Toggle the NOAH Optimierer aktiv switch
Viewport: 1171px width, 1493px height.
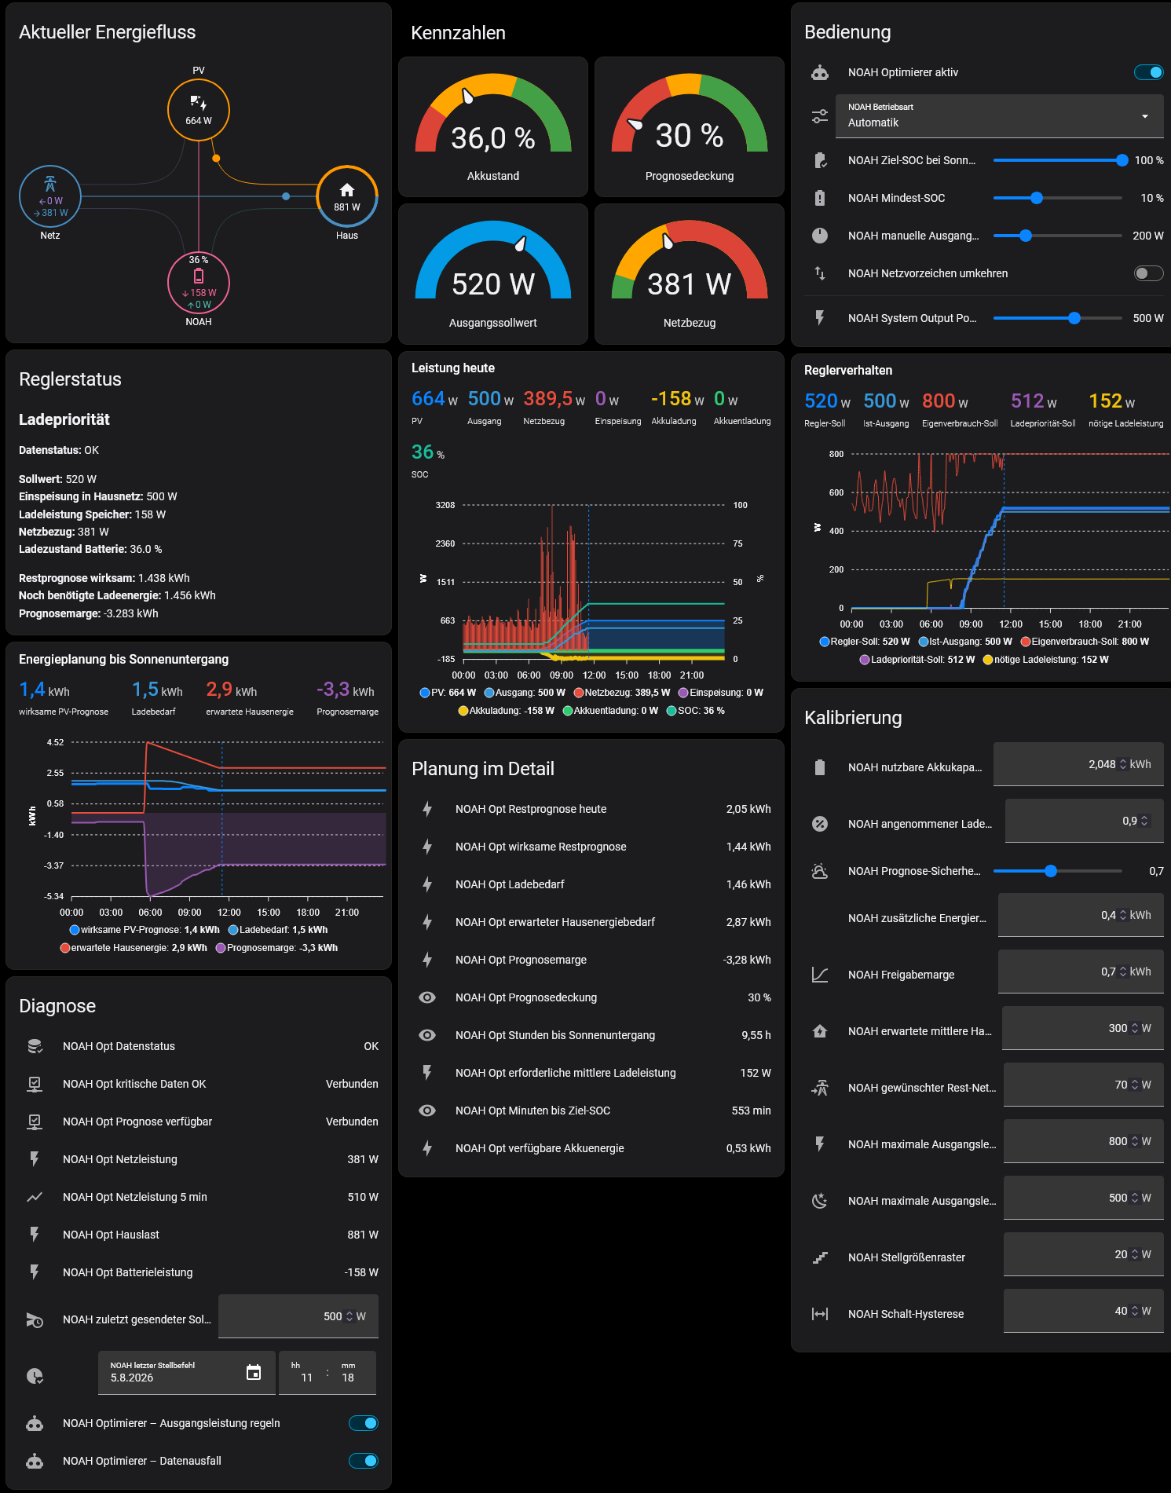1148,72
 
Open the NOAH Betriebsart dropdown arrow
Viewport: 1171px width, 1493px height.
1145,116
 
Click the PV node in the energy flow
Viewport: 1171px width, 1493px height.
199,110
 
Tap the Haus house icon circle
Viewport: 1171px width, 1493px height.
347,197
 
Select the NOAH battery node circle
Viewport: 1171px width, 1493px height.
199,283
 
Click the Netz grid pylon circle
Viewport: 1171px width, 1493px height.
50,197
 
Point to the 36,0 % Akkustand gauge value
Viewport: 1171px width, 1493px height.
493,138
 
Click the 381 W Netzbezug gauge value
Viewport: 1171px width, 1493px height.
690,284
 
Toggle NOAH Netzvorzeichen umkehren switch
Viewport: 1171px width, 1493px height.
1148,273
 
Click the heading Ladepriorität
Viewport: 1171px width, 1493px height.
64,419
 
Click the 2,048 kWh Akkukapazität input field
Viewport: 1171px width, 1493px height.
1078,764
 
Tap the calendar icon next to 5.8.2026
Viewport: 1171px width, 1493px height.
254,1372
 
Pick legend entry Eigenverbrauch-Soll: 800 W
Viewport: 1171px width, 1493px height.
1085,642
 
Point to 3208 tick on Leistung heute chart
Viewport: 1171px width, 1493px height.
445,505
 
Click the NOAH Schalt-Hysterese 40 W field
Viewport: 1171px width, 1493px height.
1083,1311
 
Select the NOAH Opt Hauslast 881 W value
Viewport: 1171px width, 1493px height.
363,1235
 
